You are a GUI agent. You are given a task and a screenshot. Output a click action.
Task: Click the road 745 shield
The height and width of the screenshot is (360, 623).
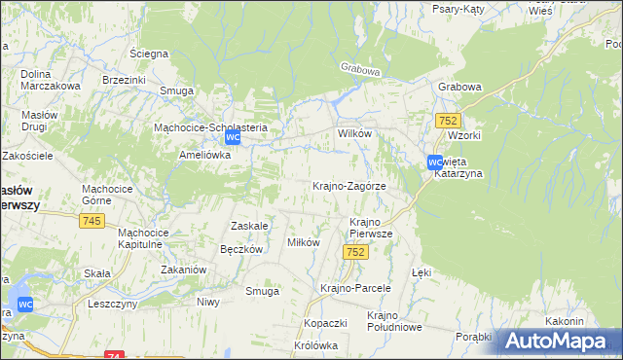click(92, 222)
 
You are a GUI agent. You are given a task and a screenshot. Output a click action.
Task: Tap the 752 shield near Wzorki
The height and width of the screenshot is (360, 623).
click(448, 120)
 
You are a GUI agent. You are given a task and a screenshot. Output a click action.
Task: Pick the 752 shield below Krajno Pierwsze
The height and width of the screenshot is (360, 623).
click(355, 252)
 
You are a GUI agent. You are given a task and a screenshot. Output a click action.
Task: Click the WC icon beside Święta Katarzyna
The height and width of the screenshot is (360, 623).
click(435, 162)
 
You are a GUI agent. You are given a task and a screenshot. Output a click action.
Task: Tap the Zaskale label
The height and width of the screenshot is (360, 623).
click(248, 225)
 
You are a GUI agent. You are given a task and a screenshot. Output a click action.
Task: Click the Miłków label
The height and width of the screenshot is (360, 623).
click(303, 242)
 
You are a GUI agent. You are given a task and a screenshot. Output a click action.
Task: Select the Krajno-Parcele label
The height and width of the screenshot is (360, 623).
click(355, 288)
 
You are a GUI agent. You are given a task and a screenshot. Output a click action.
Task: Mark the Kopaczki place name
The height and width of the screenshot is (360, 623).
click(326, 322)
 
